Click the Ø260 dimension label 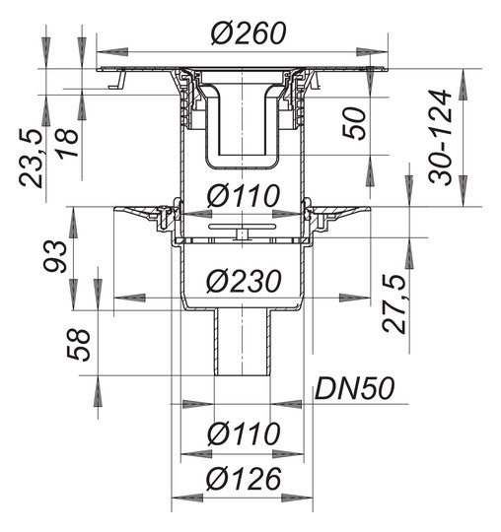pos(248,33)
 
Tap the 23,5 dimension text pos(32,158)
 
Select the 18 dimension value pos(67,143)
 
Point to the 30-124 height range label pos(440,137)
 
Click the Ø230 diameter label pos(244,281)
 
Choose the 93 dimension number pos(55,256)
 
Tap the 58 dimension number pos(79,345)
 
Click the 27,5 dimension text pos(394,303)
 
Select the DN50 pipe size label pos(355,388)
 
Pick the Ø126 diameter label pos(244,479)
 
